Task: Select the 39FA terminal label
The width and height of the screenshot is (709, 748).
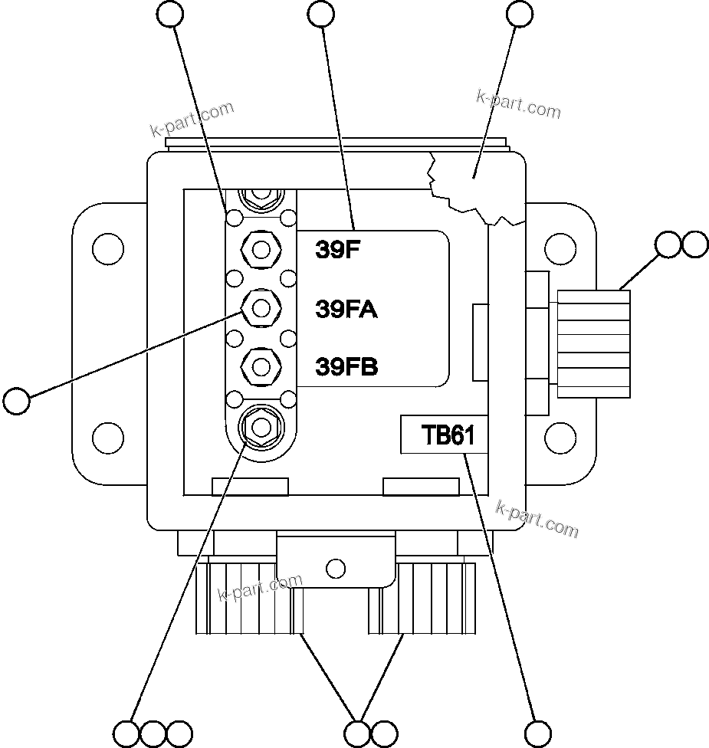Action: point(346,309)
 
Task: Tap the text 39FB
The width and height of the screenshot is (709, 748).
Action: point(346,367)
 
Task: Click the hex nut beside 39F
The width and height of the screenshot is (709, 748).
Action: point(261,249)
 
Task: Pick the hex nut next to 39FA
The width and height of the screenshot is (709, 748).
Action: point(261,308)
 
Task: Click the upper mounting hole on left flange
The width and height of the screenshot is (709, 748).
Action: point(107,249)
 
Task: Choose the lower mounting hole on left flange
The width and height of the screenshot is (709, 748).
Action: point(107,438)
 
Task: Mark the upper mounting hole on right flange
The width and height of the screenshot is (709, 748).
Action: point(560,249)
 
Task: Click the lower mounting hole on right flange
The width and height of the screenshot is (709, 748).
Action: point(560,438)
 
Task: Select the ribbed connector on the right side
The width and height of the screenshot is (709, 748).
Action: point(594,343)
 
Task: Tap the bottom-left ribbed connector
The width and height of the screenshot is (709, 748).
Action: point(249,599)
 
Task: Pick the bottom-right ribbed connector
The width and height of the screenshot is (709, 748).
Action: point(422,599)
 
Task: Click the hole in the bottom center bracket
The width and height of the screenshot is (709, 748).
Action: point(335,568)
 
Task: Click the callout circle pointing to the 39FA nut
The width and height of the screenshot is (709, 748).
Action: point(16,400)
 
